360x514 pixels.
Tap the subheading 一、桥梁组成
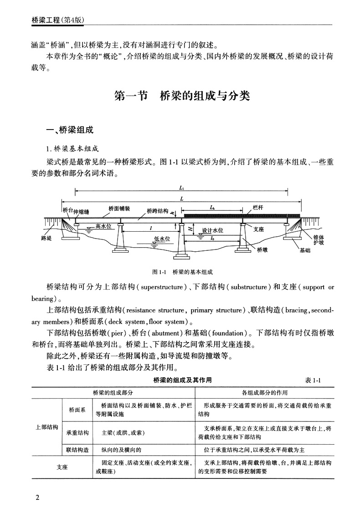(70, 130)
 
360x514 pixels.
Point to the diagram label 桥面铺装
(119, 208)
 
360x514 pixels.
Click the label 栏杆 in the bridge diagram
(258, 207)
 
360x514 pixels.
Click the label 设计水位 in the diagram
(212, 230)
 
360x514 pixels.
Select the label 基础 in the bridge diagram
(305, 250)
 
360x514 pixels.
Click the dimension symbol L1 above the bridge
(182, 187)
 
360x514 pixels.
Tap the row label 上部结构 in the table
(46, 427)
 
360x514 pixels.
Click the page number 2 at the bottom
(37, 497)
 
